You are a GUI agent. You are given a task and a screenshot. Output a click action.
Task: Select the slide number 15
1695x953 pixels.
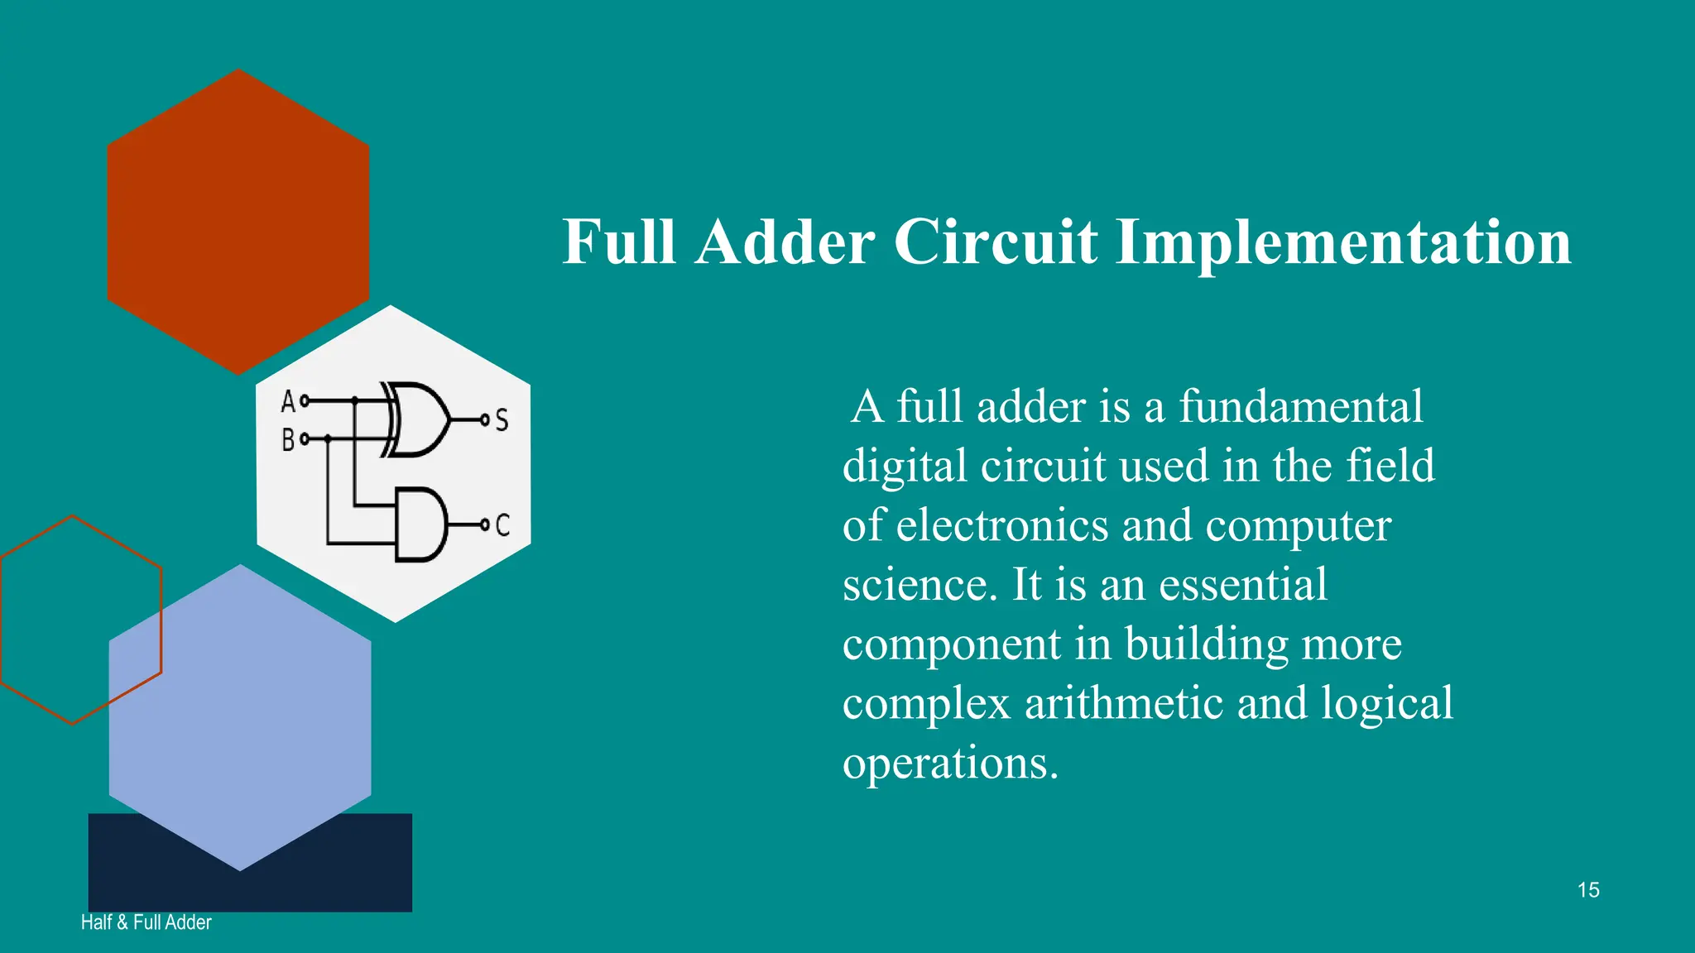coord(1587,890)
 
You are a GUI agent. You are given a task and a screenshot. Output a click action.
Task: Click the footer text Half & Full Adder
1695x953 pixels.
coord(146,922)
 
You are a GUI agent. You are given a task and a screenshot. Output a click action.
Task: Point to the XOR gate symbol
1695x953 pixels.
coord(418,419)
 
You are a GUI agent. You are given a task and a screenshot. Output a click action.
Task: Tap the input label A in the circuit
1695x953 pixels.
coord(287,402)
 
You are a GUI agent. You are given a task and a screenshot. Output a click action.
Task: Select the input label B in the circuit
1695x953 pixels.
coord(287,439)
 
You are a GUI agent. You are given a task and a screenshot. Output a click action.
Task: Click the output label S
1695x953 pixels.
coord(502,420)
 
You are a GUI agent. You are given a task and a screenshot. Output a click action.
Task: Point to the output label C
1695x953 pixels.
coord(502,524)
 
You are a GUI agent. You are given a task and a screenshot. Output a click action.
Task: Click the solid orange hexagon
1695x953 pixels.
coord(238,221)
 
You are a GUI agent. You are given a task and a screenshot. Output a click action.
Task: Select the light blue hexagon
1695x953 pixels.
coord(240,728)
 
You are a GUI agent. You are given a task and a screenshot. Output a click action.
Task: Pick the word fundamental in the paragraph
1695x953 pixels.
coord(1300,407)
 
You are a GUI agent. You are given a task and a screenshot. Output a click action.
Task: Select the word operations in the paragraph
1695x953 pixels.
coord(950,763)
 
